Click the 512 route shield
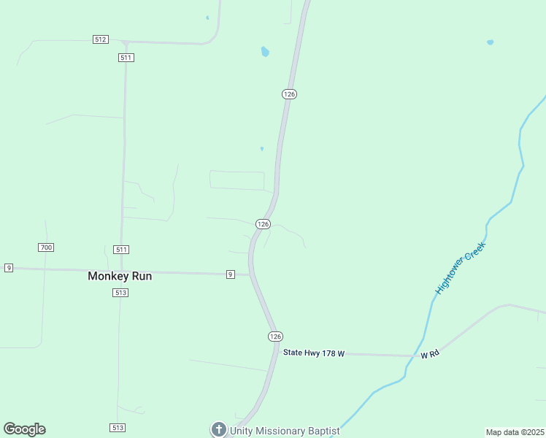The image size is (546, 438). click(x=101, y=39)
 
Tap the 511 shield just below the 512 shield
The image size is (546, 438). click(x=126, y=57)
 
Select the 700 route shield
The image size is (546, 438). click(x=46, y=247)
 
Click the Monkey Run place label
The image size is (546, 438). click(x=120, y=276)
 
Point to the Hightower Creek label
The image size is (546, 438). click(x=460, y=268)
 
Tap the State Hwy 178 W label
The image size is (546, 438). click(x=313, y=353)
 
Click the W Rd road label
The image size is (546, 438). click(x=430, y=354)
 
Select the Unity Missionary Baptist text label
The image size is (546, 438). click(x=285, y=431)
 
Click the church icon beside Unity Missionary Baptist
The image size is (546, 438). click(x=218, y=430)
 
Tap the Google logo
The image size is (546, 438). click(x=24, y=429)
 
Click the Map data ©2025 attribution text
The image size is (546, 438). click(x=515, y=432)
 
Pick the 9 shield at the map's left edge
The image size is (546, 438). click(x=9, y=268)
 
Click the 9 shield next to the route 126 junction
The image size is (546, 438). click(x=230, y=274)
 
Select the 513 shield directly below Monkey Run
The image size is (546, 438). click(x=120, y=293)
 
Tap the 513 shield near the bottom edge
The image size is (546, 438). click(x=118, y=427)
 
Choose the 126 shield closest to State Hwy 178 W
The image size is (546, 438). click(x=274, y=336)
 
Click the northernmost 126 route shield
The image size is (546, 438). click(x=289, y=94)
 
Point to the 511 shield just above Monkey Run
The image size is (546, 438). click(x=121, y=250)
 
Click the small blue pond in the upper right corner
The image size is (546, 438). click(x=490, y=42)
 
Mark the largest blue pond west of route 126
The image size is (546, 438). click(x=265, y=52)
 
